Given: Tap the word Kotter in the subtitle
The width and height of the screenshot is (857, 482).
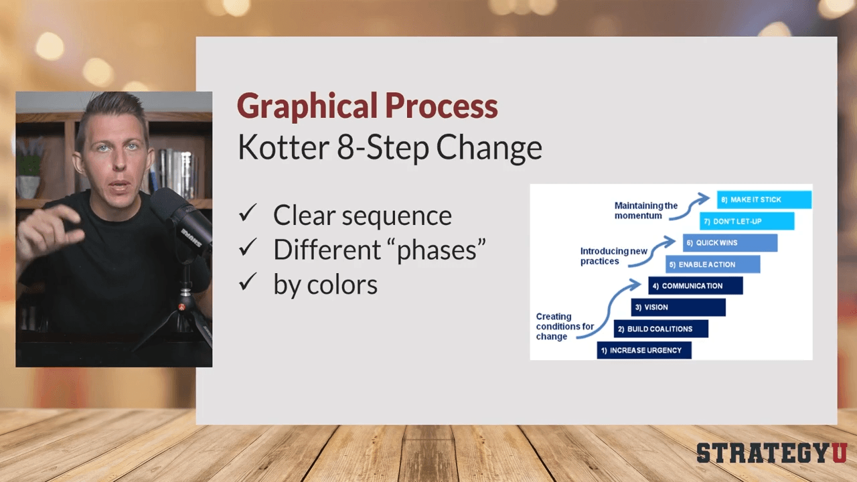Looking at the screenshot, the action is coord(283,147).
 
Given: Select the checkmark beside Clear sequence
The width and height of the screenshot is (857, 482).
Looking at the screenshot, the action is coord(248,213).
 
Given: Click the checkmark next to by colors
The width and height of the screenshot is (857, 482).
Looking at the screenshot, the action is coord(248,282).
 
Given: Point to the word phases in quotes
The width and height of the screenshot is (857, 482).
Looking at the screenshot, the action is coord(437,251).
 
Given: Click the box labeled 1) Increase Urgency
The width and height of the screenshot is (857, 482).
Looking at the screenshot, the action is coord(644,350).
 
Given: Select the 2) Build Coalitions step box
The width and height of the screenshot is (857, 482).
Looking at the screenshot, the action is coord(661,329).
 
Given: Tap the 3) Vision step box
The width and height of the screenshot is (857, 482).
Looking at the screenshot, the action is coord(678,307).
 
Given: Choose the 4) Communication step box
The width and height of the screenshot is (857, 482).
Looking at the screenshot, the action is coord(696,286).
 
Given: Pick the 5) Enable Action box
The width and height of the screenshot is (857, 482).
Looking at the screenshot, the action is coord(713,264).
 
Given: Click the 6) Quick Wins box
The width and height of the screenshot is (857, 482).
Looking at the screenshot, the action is coord(730,243).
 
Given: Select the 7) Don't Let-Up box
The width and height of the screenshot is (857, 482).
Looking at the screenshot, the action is coord(747,221).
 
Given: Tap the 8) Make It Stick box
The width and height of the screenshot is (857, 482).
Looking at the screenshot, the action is coord(764,199).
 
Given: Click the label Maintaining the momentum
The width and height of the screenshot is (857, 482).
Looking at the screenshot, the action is coord(646,210).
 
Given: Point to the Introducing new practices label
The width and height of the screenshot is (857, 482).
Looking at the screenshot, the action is coord(614,256).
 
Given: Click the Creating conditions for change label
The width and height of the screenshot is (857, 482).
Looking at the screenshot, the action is coord(564,326).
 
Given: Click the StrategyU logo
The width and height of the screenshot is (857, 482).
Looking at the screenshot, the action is coord(772,453).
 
